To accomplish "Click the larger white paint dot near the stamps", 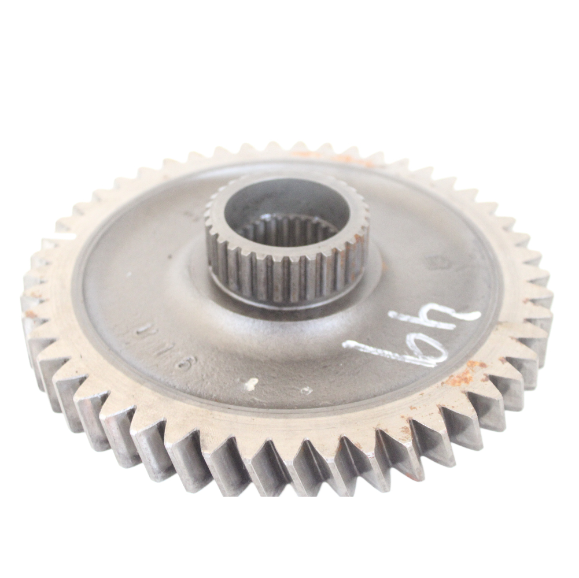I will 251,383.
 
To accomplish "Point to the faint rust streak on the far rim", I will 335,156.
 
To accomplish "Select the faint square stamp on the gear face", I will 431,263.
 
